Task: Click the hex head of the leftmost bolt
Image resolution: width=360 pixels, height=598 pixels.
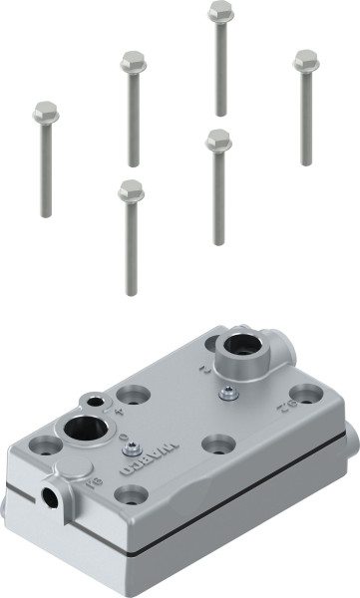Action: pyautogui.click(x=46, y=113)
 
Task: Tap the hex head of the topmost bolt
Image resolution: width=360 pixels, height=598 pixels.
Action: pyautogui.click(x=220, y=13)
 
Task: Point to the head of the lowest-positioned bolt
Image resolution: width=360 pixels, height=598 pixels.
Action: pyautogui.click(x=131, y=190)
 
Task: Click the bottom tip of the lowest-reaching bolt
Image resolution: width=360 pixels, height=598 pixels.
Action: pyautogui.click(x=131, y=293)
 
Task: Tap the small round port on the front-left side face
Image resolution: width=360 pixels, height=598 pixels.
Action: pyautogui.click(x=50, y=493)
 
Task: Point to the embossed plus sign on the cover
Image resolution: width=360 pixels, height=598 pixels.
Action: pyautogui.click(x=119, y=410)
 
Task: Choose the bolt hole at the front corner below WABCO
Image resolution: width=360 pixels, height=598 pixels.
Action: pyautogui.click(x=130, y=492)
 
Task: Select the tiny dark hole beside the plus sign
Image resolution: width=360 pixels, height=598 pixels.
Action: pyautogui.click(x=96, y=401)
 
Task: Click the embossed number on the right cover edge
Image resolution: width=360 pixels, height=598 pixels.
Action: pyautogui.click(x=282, y=406)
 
